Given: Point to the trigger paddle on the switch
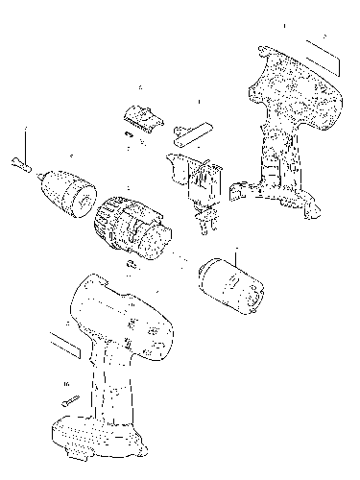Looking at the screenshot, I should tap(177, 166).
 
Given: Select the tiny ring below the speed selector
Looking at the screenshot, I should tap(129, 135).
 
